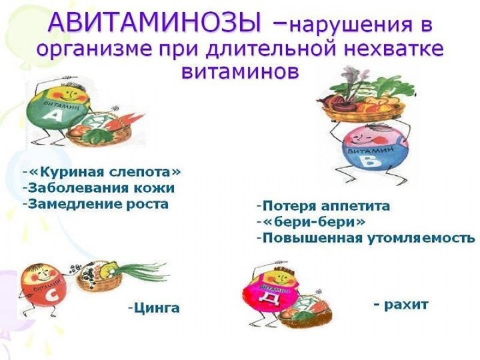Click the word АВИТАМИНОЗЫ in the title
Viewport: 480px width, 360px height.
155,23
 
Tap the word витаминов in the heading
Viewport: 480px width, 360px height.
240,71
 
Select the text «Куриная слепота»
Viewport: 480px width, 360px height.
104,172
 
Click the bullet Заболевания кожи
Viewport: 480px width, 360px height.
101,188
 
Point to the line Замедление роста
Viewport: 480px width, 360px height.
98,204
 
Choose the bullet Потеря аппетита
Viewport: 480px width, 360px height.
326,206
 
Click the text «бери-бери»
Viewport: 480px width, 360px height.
314,221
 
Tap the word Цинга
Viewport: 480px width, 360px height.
157,307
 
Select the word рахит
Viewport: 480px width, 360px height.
406,304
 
